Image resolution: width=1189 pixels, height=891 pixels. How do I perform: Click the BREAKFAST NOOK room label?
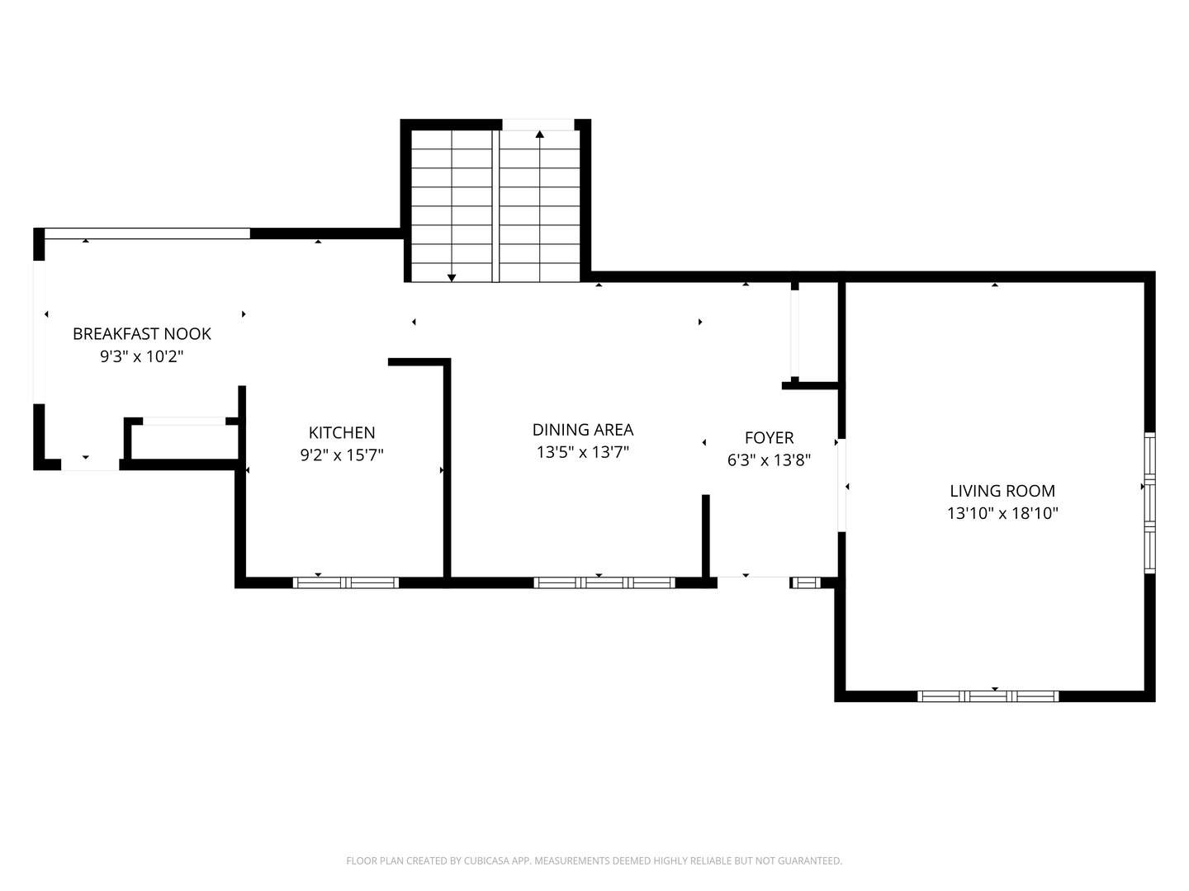142,334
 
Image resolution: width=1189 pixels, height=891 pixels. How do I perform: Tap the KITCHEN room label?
342,432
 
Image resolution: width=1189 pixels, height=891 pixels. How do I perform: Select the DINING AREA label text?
583,430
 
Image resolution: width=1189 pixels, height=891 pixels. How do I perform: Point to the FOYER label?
770,437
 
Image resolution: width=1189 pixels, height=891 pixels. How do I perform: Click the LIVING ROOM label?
1002,491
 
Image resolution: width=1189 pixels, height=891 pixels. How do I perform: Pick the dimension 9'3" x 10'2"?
142,356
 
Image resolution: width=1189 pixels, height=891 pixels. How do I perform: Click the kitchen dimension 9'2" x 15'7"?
342,455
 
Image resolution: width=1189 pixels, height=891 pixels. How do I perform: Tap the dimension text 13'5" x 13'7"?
583,452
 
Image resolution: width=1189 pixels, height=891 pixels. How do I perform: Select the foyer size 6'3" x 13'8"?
770,460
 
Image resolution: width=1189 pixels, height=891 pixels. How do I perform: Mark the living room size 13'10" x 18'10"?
1002,513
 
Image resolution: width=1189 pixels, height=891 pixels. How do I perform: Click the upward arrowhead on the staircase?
539,134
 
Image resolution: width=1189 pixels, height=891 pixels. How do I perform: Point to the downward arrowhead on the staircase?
451,278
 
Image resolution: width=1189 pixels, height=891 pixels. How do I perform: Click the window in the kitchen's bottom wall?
346,582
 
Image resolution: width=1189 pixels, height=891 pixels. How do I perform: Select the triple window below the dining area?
604,582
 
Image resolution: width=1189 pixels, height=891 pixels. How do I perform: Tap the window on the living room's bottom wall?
988,696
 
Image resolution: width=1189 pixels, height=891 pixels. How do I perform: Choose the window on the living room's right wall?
1149,502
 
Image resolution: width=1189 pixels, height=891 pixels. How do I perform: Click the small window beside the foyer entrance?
806,582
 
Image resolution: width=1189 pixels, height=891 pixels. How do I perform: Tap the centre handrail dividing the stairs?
495,206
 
